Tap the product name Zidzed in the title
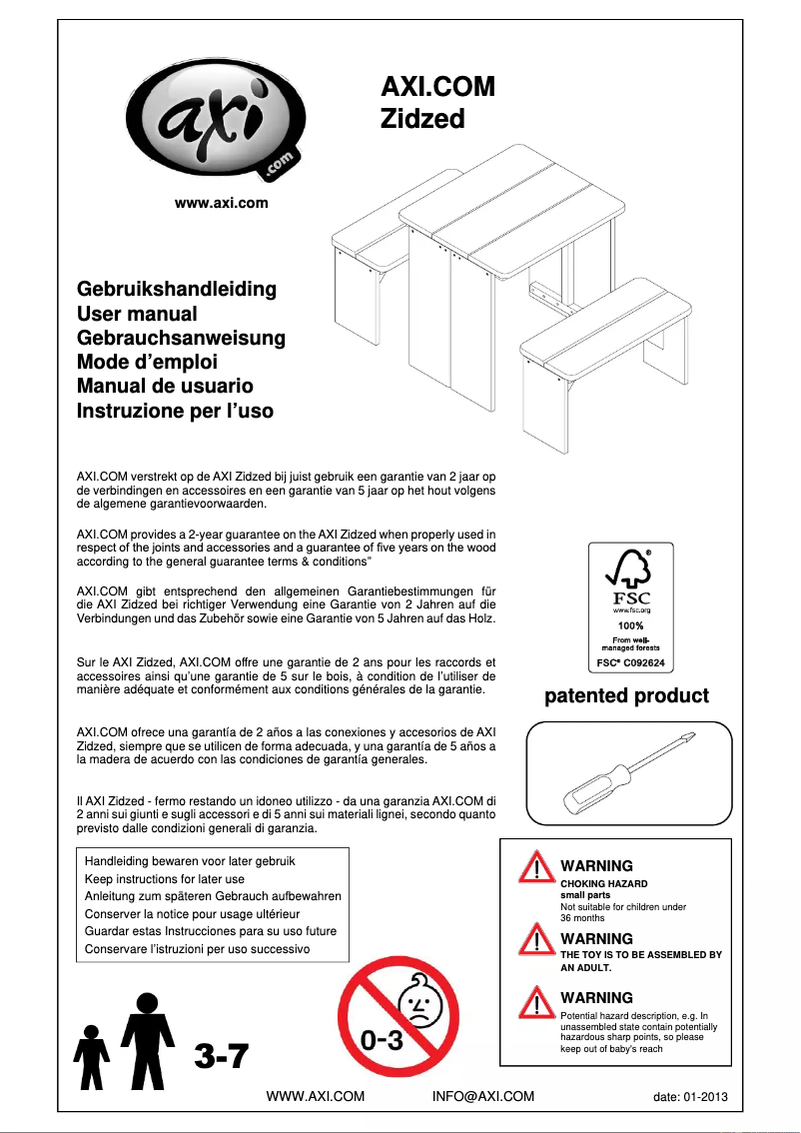[422, 119]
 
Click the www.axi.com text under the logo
[222, 204]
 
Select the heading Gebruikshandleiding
[177, 290]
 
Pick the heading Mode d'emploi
[147, 362]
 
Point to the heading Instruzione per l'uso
[175, 411]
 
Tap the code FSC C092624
[630, 662]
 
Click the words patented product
[626, 696]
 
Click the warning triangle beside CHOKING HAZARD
[537, 868]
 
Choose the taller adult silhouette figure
[148, 1039]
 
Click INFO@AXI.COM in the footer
[483, 1096]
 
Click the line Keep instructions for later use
[165, 878]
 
